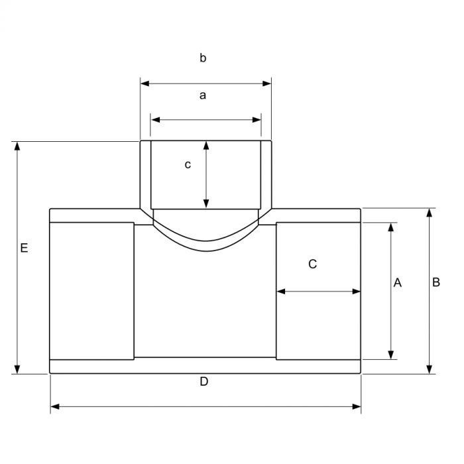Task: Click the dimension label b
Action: [x=203, y=58]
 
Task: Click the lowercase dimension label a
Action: [x=203, y=95]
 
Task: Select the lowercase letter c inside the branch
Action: [x=188, y=164]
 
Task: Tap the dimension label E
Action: [x=24, y=248]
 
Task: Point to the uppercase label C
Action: [x=312, y=264]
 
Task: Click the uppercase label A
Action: [x=398, y=282]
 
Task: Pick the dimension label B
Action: [x=436, y=282]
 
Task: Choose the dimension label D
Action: [x=204, y=382]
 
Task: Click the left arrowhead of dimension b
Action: [x=145, y=84]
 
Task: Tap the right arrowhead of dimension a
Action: [x=257, y=120]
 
